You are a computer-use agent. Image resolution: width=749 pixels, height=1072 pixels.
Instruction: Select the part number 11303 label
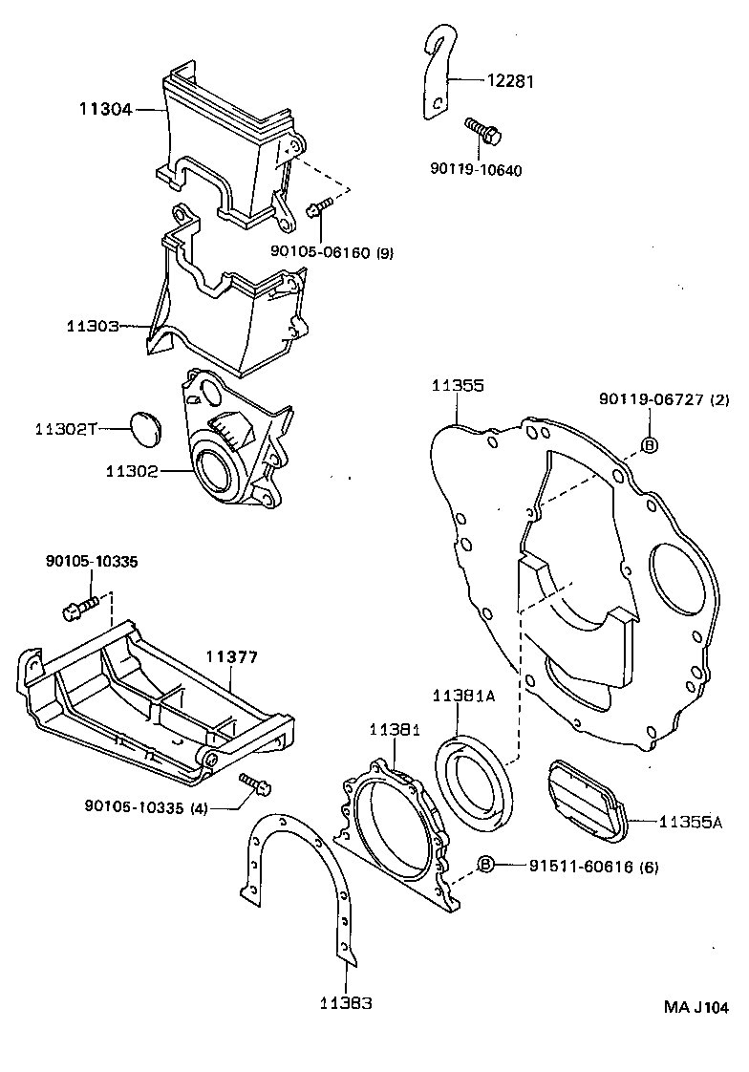(92, 326)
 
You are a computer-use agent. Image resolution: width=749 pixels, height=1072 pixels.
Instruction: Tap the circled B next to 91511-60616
(485, 865)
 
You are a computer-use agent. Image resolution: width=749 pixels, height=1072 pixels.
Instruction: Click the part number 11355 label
(457, 386)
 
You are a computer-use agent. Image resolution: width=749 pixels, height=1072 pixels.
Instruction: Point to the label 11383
(346, 1003)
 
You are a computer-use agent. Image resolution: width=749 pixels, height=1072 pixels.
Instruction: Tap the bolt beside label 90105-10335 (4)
(254, 783)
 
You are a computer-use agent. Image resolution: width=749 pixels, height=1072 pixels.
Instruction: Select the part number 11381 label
(395, 730)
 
